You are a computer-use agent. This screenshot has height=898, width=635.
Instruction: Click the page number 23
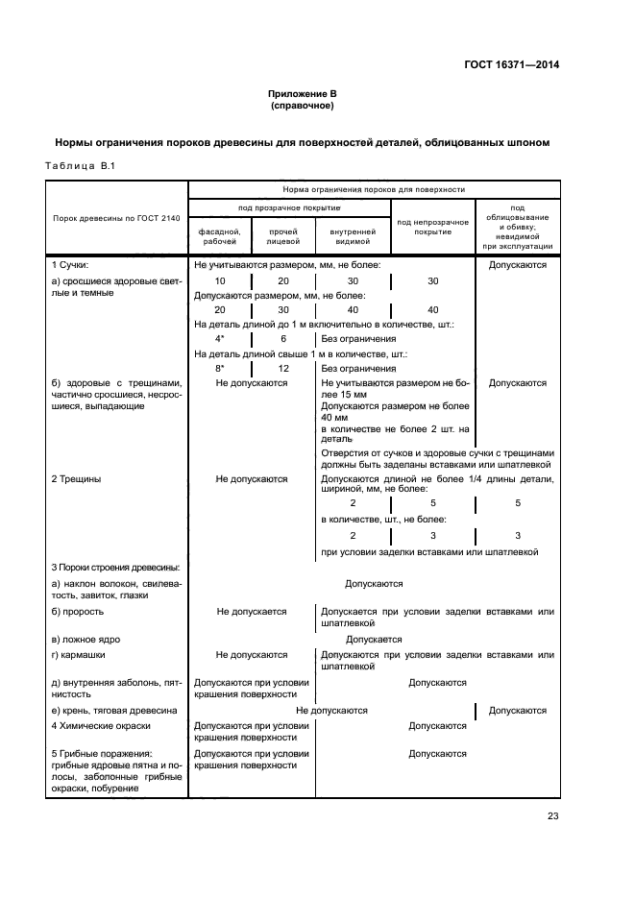[x=552, y=816]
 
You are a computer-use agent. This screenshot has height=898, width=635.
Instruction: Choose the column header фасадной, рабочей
[x=220, y=236]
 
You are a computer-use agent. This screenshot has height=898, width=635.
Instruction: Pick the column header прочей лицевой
[x=282, y=236]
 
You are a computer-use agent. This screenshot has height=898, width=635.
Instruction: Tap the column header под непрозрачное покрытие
[x=432, y=226]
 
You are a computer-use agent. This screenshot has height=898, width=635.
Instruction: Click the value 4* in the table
[x=220, y=339]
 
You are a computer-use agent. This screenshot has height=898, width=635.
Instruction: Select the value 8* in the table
[x=220, y=368]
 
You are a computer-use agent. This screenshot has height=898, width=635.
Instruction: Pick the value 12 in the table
[x=283, y=368]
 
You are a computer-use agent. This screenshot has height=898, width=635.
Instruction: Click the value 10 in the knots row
[x=220, y=280]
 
